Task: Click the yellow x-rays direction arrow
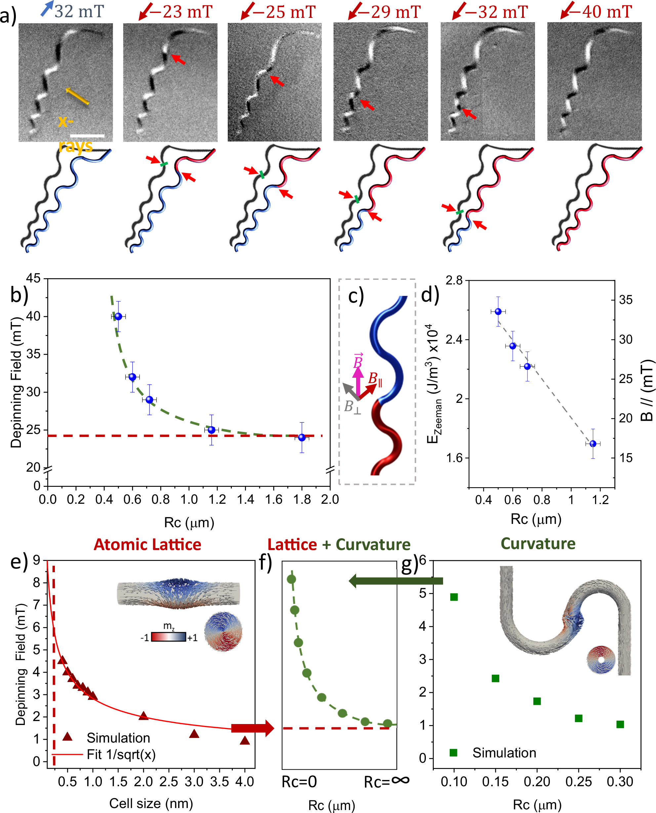click(x=77, y=96)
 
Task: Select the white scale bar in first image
click(x=87, y=135)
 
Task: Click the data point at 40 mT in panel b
click(x=118, y=316)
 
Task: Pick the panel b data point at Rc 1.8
click(x=302, y=437)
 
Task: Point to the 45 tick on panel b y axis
click(x=33, y=278)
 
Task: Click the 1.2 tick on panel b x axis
click(x=217, y=500)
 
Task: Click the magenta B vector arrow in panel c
click(x=358, y=380)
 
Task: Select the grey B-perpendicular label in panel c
click(x=352, y=407)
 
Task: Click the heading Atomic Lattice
click(x=147, y=545)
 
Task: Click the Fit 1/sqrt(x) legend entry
click(x=121, y=755)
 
